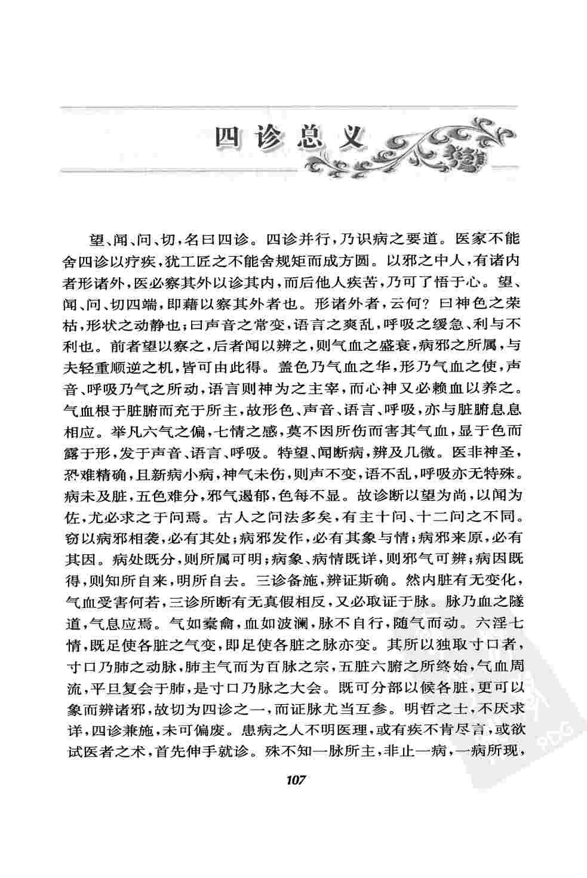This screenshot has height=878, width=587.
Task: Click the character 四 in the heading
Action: [x=226, y=139]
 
